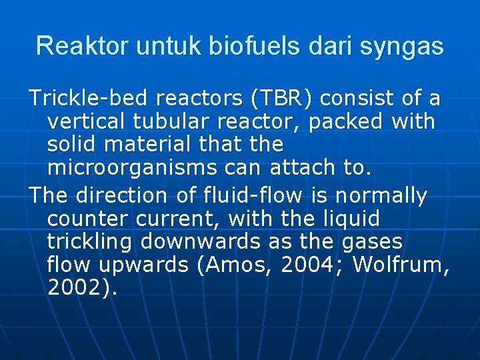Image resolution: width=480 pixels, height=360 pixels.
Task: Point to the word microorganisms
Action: [131, 167]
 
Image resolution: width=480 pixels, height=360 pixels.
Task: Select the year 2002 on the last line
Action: [75, 288]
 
